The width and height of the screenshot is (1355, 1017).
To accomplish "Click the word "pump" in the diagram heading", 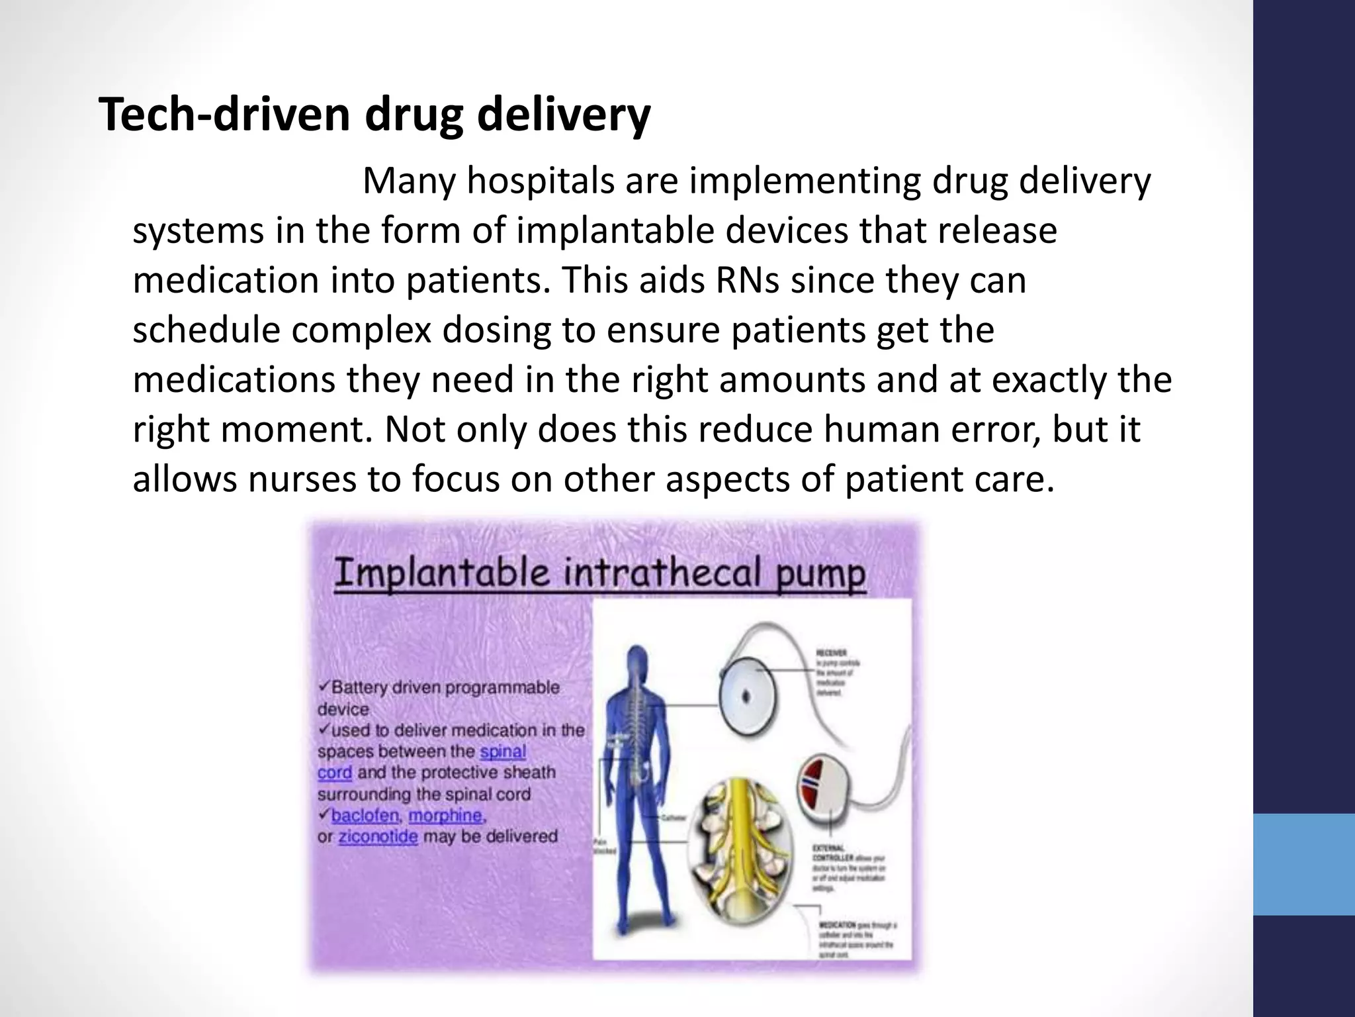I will click(819, 573).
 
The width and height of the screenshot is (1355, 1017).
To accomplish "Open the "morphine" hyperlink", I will click(445, 815).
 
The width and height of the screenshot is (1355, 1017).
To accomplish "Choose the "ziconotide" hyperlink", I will click(378, 837).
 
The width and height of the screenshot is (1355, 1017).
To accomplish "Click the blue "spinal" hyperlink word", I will click(503, 751).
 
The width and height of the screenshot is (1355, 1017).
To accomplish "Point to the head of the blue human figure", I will click(636, 659).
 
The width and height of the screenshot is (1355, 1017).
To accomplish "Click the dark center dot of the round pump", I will click(748, 696).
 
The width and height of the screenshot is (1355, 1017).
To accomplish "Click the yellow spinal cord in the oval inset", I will click(740, 828).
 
